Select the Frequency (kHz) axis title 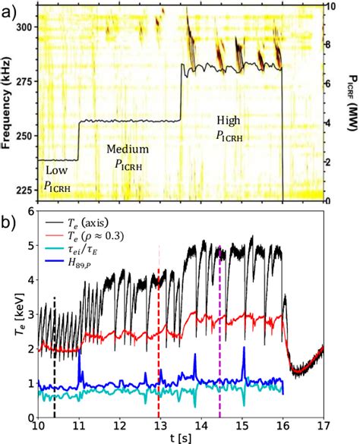7,106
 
